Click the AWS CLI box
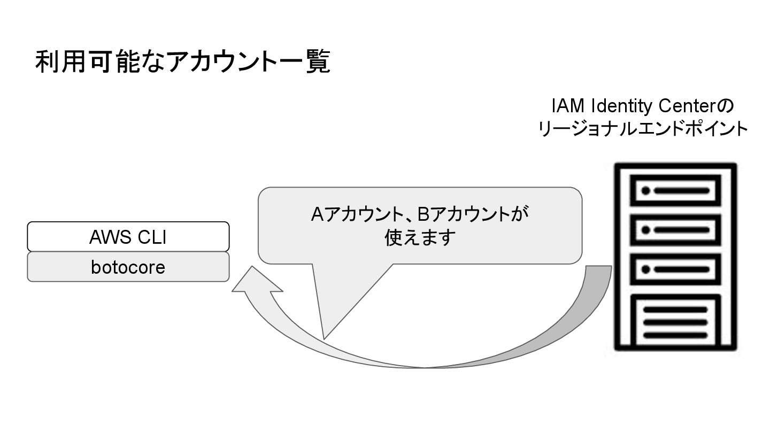[128, 236]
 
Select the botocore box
[128, 267]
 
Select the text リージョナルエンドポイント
[642, 129]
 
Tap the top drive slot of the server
[676, 190]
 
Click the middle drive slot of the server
[676, 230]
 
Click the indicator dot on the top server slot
[645, 190]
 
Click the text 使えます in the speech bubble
[420, 237]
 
